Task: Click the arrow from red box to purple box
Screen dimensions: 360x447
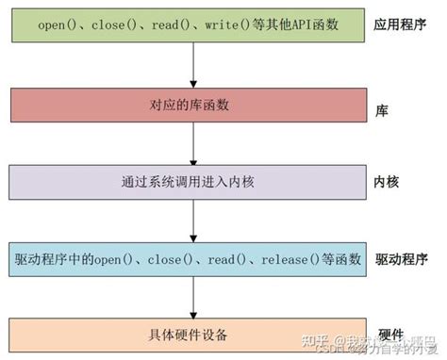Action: (x=193, y=141)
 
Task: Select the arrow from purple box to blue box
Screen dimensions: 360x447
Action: (x=193, y=219)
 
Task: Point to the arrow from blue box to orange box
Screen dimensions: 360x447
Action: (x=193, y=296)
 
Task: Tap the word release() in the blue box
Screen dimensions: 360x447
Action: (x=289, y=257)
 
